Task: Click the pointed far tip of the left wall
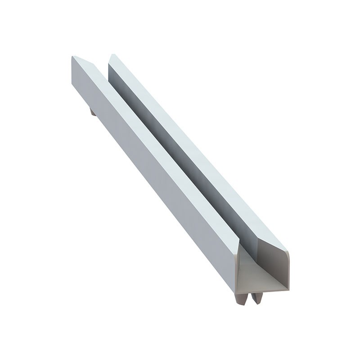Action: (x=73, y=57)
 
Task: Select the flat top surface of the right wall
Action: (x=198, y=148)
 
